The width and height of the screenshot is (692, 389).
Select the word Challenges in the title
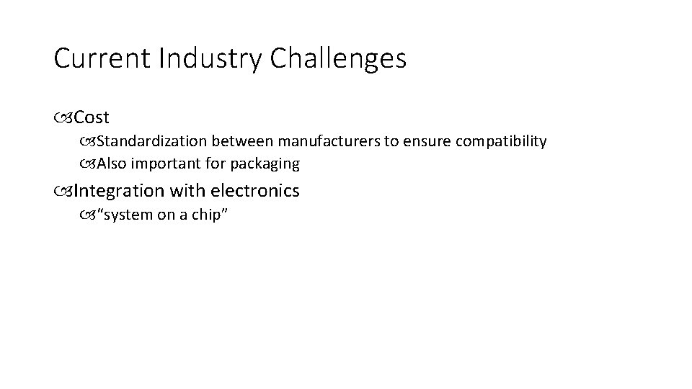[x=339, y=59]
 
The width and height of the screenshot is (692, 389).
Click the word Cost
[x=92, y=117]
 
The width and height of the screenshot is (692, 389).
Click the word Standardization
[x=152, y=141]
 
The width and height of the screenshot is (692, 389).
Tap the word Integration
[x=119, y=191]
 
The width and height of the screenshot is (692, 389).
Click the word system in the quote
[x=129, y=215]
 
